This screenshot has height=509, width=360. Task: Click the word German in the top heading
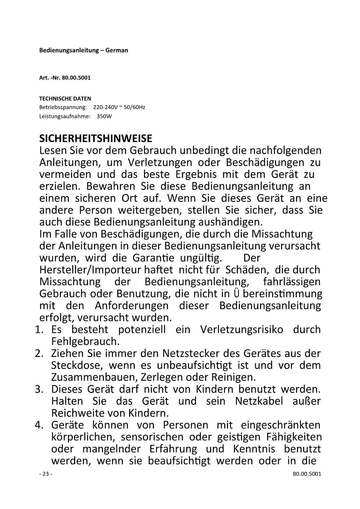pyautogui.click(x=117, y=50)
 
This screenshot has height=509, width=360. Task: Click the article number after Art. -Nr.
pyautogui.click(x=76, y=78)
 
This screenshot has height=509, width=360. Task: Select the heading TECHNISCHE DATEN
pyautogui.click(x=65, y=99)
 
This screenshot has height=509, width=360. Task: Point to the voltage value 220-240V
pyautogui.click(x=105, y=107)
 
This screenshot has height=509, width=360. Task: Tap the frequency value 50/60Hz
pyautogui.click(x=134, y=107)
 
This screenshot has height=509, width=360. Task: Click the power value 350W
pyautogui.click(x=104, y=117)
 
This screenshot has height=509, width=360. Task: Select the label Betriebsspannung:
pyautogui.click(x=63, y=107)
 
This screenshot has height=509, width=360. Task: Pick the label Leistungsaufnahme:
pyautogui.click(x=65, y=117)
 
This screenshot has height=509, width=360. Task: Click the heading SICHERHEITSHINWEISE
pyautogui.click(x=95, y=138)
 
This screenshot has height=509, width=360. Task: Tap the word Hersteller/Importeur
pyautogui.click(x=90, y=270)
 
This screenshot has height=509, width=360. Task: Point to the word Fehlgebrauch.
pyautogui.click(x=86, y=342)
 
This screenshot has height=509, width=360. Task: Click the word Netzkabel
pyautogui.click(x=259, y=401)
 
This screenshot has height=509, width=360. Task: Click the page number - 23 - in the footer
pyautogui.click(x=46, y=474)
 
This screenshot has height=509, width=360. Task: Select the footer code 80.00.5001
pyautogui.click(x=307, y=474)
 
